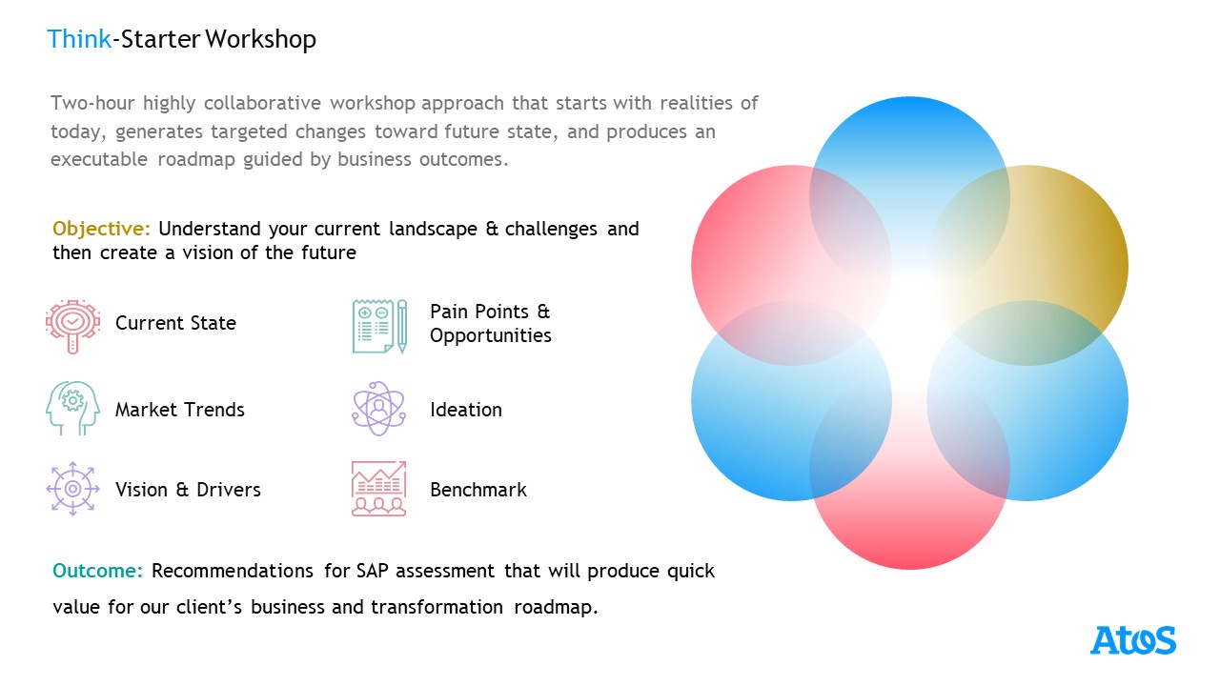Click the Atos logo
pyautogui.click(x=1133, y=640)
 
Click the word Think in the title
pyautogui.click(x=78, y=39)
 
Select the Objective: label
pyautogui.click(x=101, y=229)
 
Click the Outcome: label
pyautogui.click(x=97, y=571)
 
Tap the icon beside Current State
pyautogui.click(x=72, y=325)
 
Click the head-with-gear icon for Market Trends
pyautogui.click(x=72, y=409)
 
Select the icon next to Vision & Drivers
pyautogui.click(x=72, y=490)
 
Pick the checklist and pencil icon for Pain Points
pyautogui.click(x=379, y=325)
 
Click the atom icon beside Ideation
pyautogui.click(x=378, y=409)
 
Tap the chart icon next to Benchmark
pyautogui.click(x=378, y=490)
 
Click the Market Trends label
pyautogui.click(x=180, y=410)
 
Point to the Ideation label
pyautogui.click(x=466, y=410)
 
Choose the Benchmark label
pyautogui.click(x=478, y=490)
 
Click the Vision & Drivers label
pyautogui.click(x=188, y=490)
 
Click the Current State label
pyautogui.click(x=175, y=323)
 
